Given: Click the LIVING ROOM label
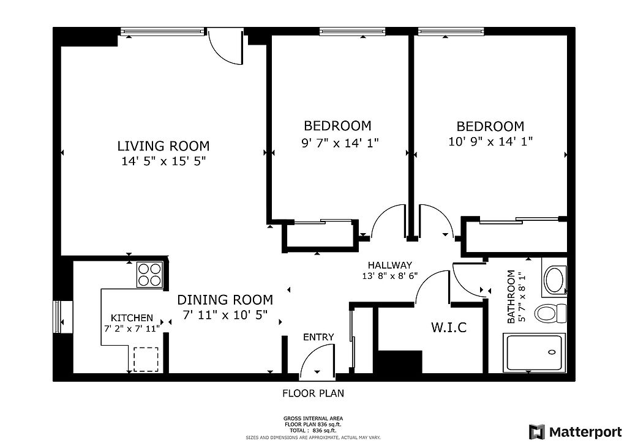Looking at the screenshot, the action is [x=163, y=146].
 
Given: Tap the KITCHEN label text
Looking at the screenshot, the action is [x=132, y=318].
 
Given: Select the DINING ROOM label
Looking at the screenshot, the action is [x=225, y=300].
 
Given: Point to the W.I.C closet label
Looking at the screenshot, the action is [x=449, y=327].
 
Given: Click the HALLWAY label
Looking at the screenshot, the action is [x=390, y=265].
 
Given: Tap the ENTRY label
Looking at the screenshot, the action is [x=318, y=337].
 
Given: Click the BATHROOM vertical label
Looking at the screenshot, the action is [x=511, y=297].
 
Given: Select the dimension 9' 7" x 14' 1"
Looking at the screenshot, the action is [x=339, y=143].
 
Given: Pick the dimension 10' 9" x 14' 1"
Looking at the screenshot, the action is [x=490, y=141].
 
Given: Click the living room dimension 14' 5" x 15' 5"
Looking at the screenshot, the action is [x=163, y=162].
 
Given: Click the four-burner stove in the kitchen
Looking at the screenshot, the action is [x=150, y=275].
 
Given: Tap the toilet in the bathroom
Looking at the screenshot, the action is [x=550, y=313].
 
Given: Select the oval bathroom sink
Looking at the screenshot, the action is [x=554, y=278].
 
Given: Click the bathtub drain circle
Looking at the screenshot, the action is [x=552, y=352].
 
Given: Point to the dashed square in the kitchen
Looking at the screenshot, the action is [x=146, y=359].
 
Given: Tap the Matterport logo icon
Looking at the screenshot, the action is [x=537, y=432].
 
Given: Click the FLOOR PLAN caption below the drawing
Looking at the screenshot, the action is [x=313, y=393].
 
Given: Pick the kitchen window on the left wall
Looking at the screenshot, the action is [x=57, y=316].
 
